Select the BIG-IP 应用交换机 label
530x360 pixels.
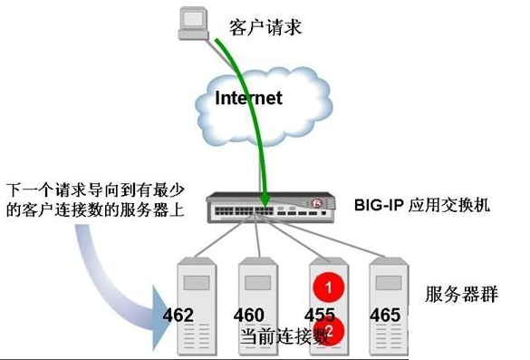point(421,205)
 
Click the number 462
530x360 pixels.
point(179,316)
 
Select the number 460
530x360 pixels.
point(249,316)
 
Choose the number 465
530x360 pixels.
point(387,316)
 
